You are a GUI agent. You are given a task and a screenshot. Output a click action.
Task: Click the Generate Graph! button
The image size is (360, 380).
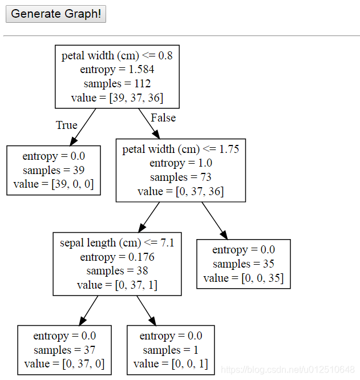(56, 14)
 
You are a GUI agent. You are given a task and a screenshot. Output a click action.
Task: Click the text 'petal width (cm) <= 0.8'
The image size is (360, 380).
(117, 56)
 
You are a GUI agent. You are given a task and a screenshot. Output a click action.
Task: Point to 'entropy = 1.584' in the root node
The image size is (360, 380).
(117, 70)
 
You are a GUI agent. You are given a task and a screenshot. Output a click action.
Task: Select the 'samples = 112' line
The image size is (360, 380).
(117, 84)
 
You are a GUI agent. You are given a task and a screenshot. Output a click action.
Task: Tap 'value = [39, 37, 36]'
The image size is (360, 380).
(117, 98)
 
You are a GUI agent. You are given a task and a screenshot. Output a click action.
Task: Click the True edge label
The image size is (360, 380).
(66, 125)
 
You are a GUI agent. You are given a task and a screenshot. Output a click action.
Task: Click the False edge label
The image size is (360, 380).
(163, 118)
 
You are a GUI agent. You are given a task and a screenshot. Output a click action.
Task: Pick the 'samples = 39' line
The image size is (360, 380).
(54, 170)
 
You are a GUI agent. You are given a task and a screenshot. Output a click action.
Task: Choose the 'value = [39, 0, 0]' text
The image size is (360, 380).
(54, 184)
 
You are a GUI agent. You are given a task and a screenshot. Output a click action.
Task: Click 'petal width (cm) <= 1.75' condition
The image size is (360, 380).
(180, 149)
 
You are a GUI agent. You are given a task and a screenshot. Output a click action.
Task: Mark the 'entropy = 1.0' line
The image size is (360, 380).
(180, 163)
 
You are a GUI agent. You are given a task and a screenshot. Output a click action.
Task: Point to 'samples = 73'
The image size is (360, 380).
(180, 177)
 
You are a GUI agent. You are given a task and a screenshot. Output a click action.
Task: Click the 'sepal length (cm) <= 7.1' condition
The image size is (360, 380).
(117, 243)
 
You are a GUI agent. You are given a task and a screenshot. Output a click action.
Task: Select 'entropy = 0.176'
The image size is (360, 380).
(117, 257)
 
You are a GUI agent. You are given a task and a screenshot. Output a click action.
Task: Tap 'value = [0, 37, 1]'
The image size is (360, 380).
(117, 285)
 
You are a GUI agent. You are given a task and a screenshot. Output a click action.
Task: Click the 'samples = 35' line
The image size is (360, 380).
(244, 264)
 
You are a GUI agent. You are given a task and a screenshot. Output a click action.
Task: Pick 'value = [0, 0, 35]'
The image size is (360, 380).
(244, 278)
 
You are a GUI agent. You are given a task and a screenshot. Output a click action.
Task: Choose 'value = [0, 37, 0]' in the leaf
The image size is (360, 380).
(64, 364)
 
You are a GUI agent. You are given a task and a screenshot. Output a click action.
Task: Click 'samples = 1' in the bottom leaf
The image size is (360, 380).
(171, 350)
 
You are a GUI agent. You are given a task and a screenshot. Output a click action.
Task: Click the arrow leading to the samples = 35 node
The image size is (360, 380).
(215, 221)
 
